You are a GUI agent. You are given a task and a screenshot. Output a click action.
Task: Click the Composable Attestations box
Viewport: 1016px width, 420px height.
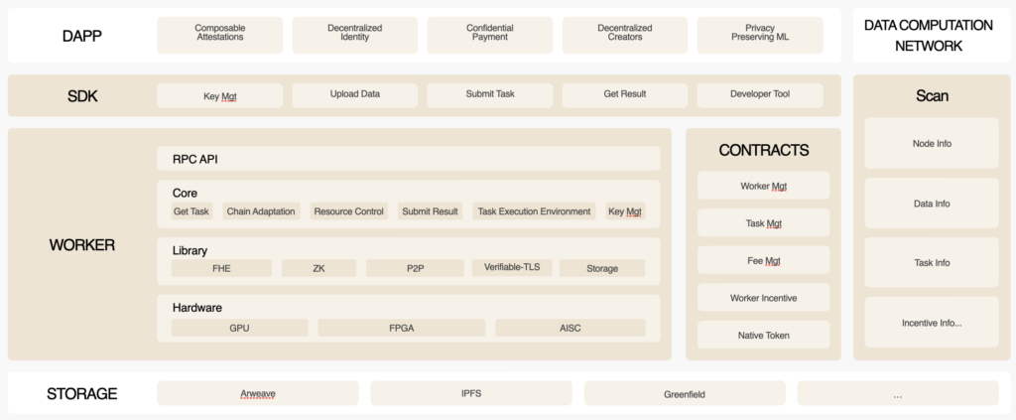(x=219, y=35)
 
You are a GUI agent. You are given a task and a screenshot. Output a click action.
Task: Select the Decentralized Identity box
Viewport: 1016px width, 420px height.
(x=354, y=35)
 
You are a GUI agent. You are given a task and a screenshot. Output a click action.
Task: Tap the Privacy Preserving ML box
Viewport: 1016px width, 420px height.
(x=760, y=35)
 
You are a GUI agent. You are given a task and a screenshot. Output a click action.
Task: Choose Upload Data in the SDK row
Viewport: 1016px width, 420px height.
(x=354, y=94)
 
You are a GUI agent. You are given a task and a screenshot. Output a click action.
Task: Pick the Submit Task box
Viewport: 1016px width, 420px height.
(x=490, y=94)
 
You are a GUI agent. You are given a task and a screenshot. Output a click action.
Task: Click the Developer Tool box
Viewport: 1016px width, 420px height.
(x=760, y=94)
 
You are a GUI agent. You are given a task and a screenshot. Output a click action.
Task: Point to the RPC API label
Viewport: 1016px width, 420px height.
(x=195, y=159)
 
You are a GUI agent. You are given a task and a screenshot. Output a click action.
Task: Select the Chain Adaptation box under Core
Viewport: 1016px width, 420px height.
(x=261, y=211)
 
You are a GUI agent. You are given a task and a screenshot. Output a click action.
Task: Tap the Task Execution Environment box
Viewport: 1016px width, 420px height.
(x=534, y=211)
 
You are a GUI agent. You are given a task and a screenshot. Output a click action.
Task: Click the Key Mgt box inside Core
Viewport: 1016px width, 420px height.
(x=625, y=211)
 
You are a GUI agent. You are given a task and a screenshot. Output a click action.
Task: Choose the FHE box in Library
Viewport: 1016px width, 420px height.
(x=221, y=268)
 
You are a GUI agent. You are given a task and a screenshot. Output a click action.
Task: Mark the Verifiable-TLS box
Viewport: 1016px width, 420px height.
(x=512, y=268)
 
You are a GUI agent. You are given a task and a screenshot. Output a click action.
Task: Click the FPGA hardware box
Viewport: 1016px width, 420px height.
(x=401, y=328)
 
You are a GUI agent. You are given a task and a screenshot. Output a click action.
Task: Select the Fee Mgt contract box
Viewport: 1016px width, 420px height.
(x=763, y=260)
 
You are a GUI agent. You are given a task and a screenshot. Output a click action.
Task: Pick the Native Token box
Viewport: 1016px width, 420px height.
(x=763, y=335)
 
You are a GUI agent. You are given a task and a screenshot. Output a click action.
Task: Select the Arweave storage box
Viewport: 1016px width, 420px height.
(x=258, y=393)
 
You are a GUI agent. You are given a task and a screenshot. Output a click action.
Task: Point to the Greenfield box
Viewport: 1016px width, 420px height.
(x=685, y=393)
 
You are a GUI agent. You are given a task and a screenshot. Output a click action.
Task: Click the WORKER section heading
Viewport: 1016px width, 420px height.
(x=81, y=245)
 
